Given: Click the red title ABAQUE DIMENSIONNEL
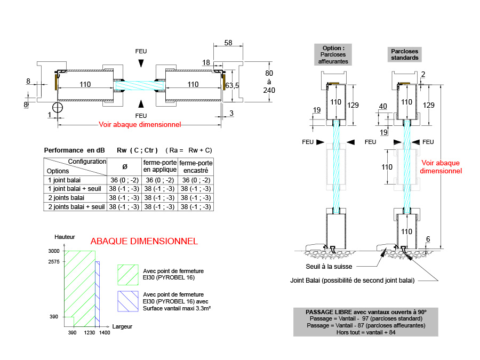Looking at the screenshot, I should point(144,241).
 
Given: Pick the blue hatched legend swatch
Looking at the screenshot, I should point(127,301).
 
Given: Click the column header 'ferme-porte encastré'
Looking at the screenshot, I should point(196,166).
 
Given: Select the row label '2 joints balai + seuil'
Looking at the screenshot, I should point(76,206).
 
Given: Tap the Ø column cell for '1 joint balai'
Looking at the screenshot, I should point(125,180).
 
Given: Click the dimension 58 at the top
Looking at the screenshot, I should point(228,43).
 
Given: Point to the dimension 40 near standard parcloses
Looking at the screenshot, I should point(382,107).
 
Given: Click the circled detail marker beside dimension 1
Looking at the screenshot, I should point(58,107).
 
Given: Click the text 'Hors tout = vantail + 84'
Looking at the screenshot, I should point(366,332).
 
